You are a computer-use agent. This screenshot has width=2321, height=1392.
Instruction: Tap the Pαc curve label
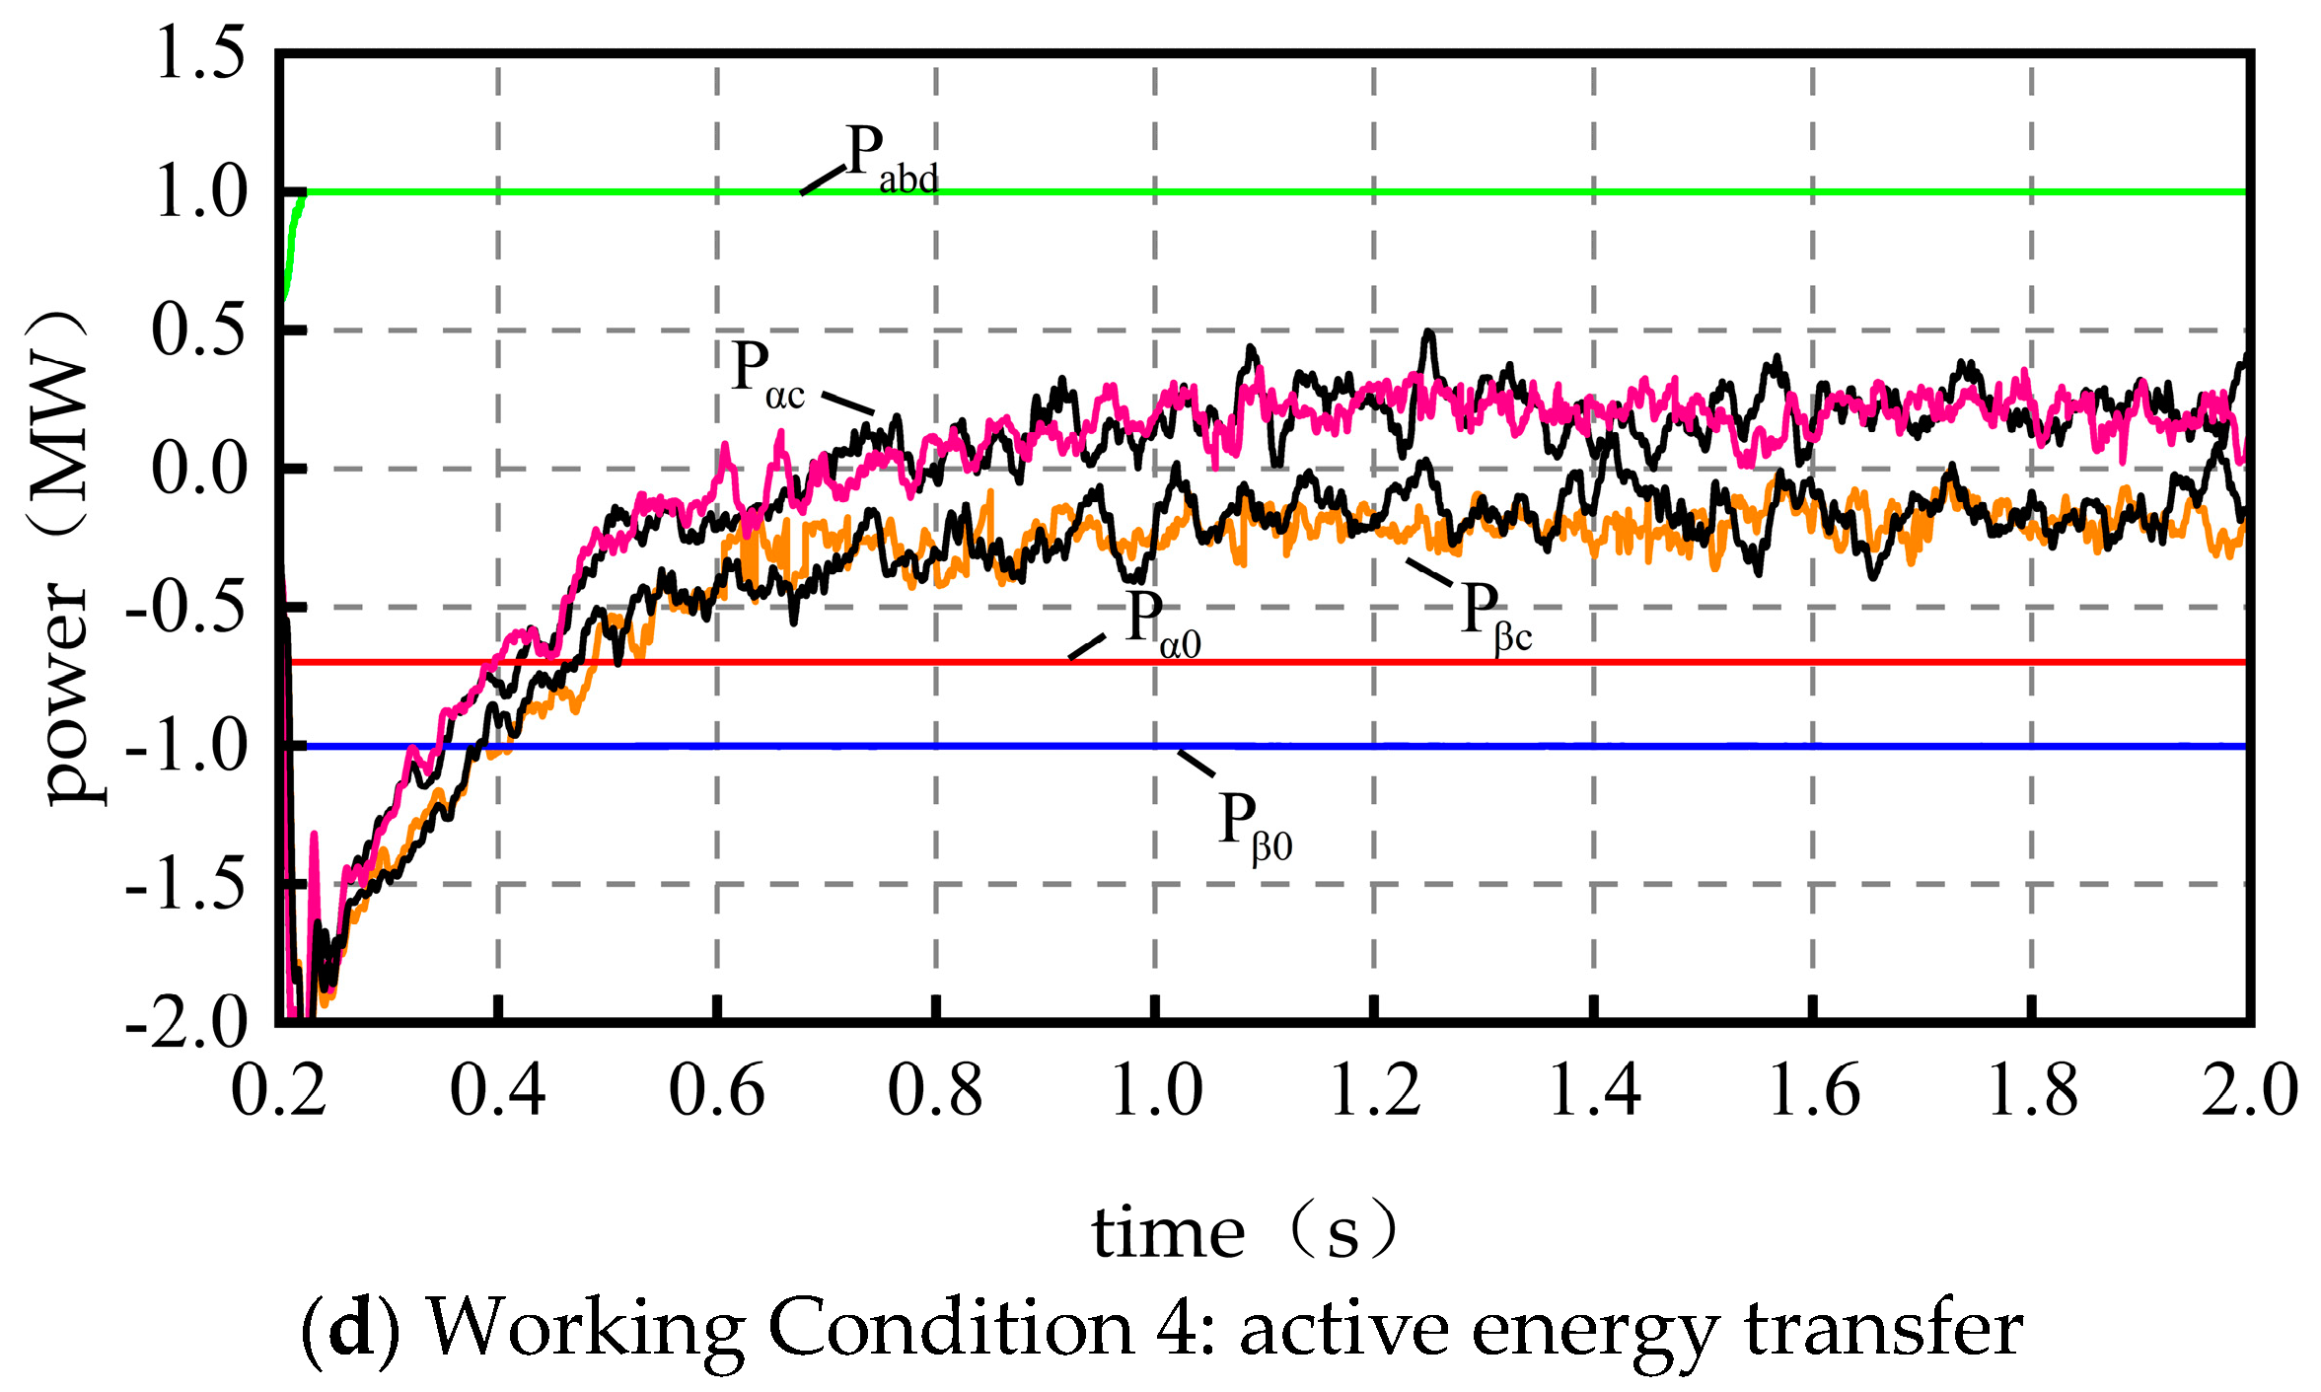coord(767,376)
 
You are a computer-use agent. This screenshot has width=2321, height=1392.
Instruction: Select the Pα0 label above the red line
coord(1162,624)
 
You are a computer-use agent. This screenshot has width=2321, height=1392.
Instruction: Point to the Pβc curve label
coord(1495,617)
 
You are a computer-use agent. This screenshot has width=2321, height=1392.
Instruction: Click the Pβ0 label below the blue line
coord(1254,827)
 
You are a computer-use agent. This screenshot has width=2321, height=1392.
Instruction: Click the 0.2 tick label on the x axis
coord(278,1091)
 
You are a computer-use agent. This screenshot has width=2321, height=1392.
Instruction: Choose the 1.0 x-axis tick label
coord(1155,1091)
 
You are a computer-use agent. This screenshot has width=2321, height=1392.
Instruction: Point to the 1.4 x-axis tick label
coord(1594,1091)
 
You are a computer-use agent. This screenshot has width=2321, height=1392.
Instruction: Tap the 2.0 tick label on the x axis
coord(2249,1091)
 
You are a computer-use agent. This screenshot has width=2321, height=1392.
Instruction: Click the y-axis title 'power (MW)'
coord(67,557)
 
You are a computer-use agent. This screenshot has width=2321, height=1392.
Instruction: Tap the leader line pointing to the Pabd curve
coord(822,181)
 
